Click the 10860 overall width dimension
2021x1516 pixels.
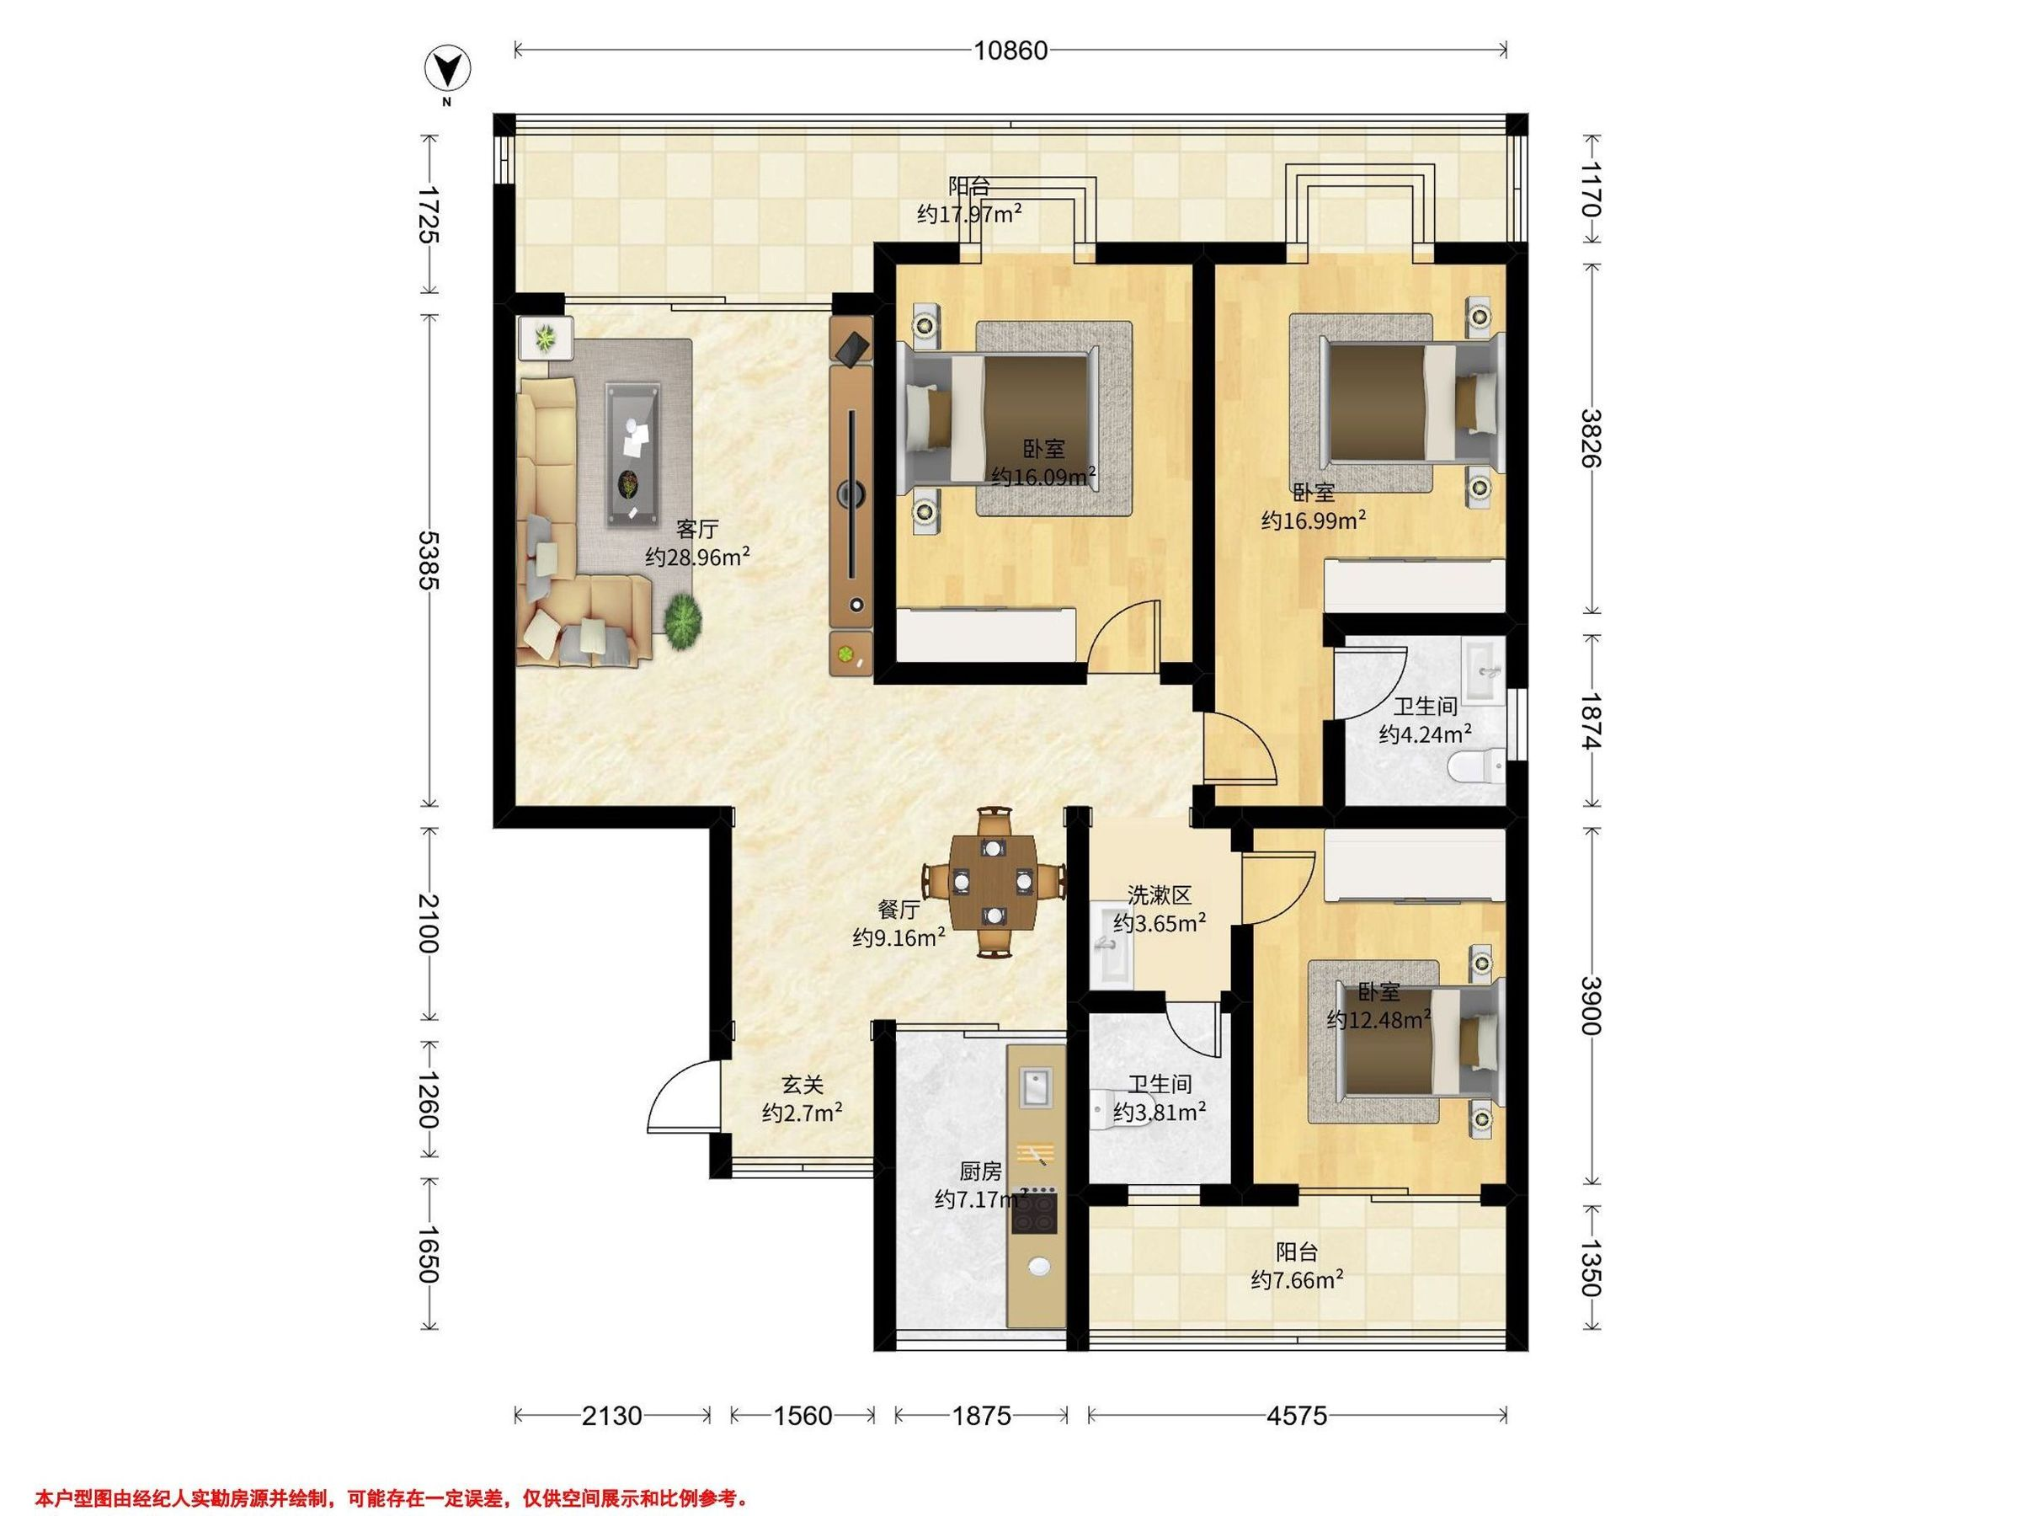coord(1010,51)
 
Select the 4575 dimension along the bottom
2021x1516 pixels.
coord(1297,1417)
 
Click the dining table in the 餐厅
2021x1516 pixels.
coord(994,882)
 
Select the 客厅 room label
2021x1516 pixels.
coord(697,529)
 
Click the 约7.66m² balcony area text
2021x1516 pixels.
coord(1297,1280)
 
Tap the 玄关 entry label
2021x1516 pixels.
coord(803,1085)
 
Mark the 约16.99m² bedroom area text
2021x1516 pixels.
coord(1314,520)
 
